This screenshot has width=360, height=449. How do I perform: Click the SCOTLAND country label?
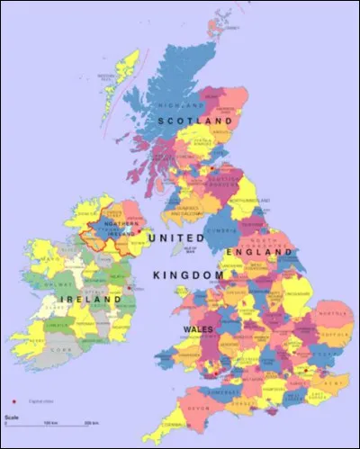pos(194,120)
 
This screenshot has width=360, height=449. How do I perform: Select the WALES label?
pos(198,330)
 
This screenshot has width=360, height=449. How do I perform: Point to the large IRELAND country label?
pos(89,298)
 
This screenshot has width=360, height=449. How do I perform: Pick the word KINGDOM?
pos(187,274)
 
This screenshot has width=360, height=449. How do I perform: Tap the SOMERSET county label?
pos(226,389)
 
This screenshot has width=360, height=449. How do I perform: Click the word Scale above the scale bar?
pos(11,417)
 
